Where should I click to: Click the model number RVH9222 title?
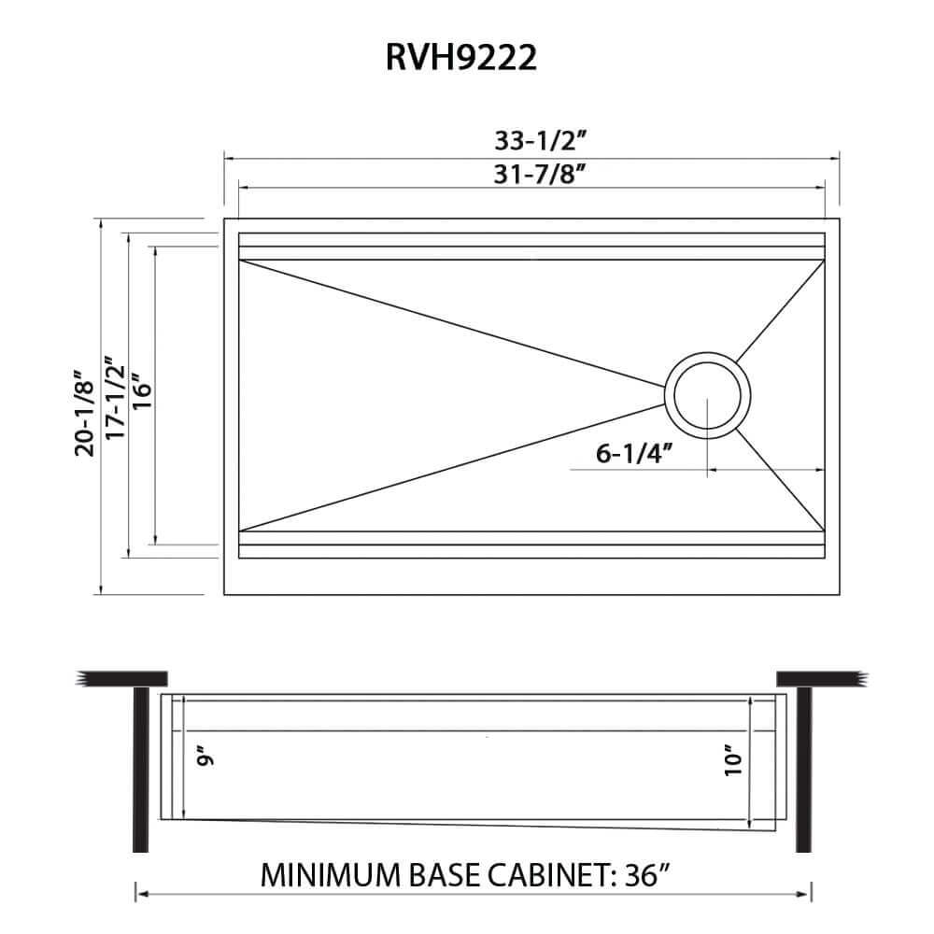click(x=460, y=59)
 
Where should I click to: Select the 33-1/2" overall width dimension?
click(x=540, y=142)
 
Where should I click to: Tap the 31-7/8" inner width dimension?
click(x=540, y=174)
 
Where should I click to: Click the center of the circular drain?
click(x=707, y=394)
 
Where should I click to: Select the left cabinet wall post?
click(x=140, y=766)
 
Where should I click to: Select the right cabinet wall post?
click(x=802, y=766)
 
